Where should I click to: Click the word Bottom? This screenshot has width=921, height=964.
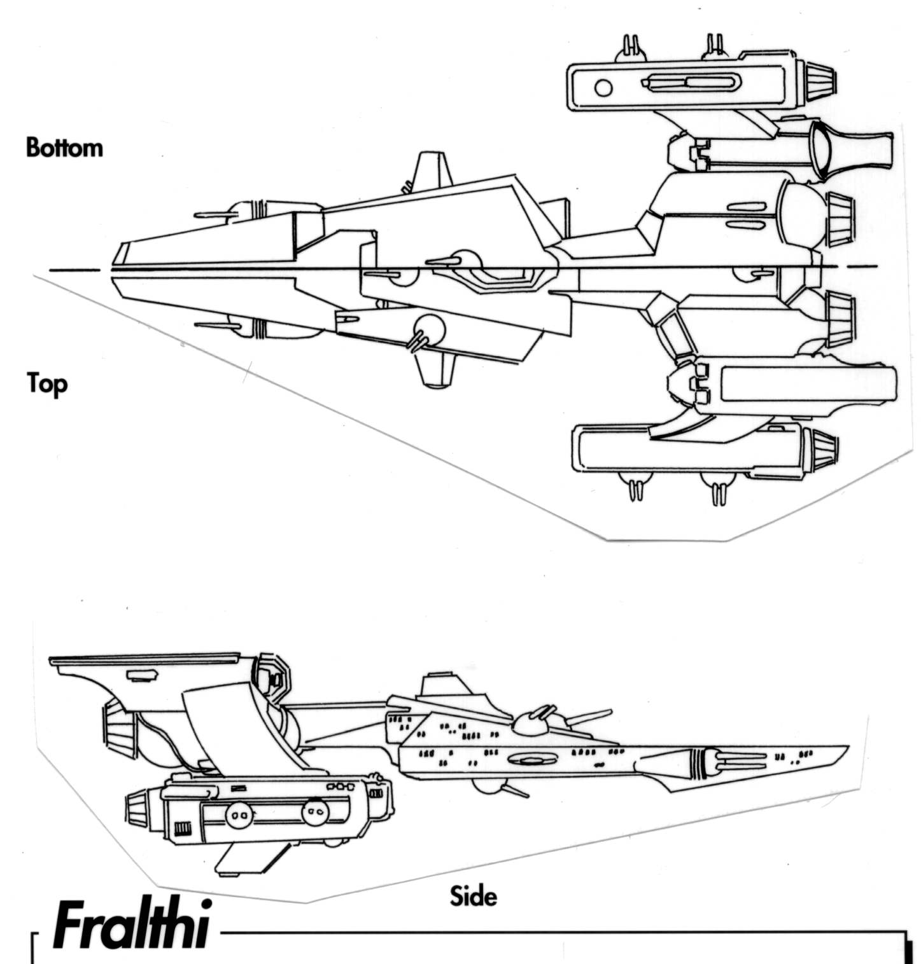tap(64, 148)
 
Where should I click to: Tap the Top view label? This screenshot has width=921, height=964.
tap(46, 383)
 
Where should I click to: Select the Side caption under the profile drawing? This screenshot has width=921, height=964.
tap(473, 896)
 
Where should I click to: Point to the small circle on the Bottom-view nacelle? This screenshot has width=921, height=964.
tap(603, 88)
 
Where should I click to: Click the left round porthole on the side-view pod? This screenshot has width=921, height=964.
tap(239, 812)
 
